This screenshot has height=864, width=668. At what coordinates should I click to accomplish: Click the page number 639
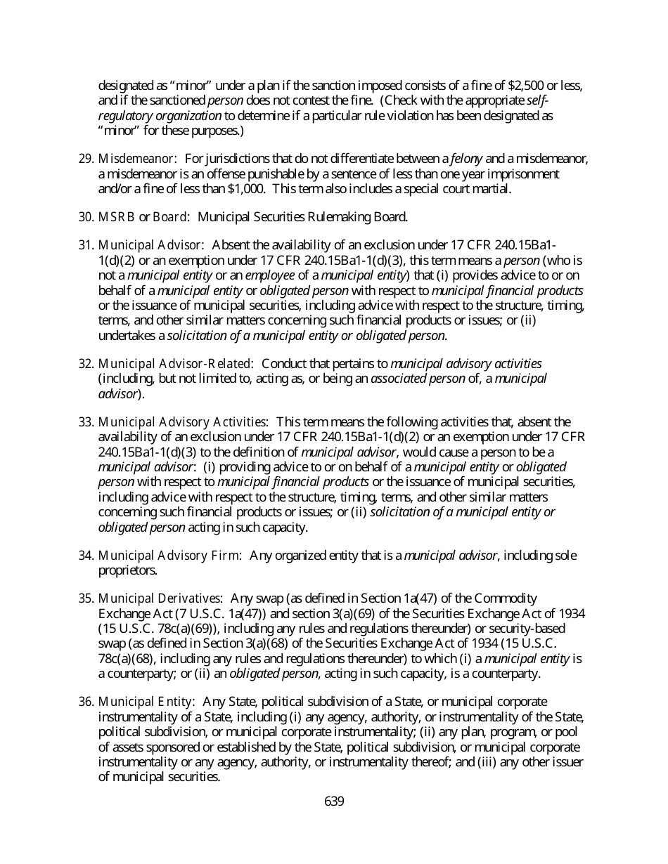point(334,801)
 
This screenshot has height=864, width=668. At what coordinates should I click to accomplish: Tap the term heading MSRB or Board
point(144,216)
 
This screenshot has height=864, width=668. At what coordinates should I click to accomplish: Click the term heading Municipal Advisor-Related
point(176,364)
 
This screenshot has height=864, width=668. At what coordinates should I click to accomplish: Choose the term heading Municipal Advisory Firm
point(170,556)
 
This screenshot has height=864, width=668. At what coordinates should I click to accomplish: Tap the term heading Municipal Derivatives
point(160,598)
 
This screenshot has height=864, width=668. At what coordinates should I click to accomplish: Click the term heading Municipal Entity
point(146,702)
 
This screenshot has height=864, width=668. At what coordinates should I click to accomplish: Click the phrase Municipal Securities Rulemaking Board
point(302,216)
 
